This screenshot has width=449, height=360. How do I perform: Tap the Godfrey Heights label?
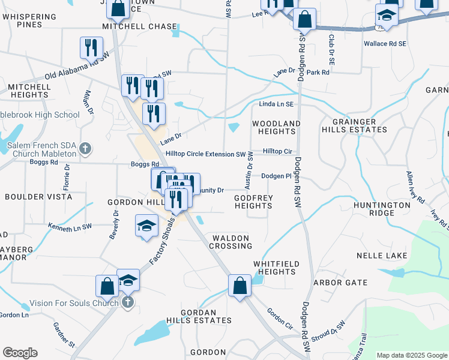click(x=253, y=202)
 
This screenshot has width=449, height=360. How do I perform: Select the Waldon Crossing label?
click(x=231, y=242)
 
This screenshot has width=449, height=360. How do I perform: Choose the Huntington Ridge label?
click(x=382, y=209)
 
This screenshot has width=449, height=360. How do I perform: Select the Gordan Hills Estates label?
click(x=199, y=316)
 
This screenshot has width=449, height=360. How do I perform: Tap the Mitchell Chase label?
click(x=140, y=26)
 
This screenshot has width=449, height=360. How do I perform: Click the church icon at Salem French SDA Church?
click(x=85, y=148)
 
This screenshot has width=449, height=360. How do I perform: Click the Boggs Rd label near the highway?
click(x=145, y=164)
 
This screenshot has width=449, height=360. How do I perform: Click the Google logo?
click(x=20, y=353)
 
